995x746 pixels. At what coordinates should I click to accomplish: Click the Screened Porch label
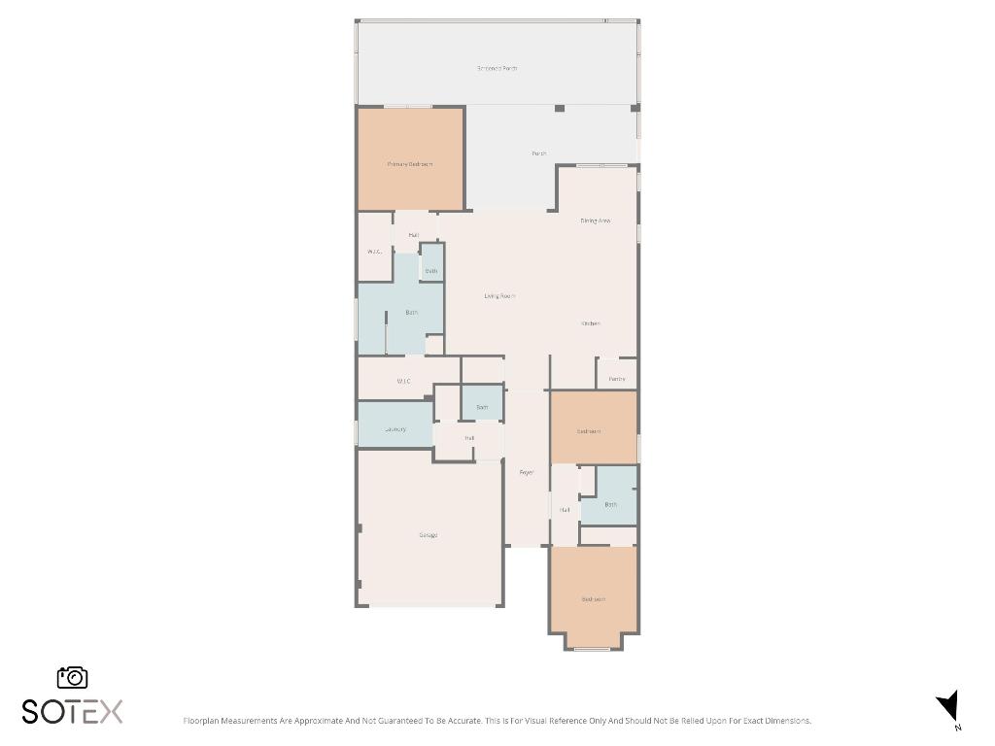coord(497,69)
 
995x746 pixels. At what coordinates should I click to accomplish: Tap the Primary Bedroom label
coord(409,164)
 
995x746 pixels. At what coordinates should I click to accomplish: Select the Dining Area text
coord(595,220)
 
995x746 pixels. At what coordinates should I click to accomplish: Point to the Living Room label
coord(499,295)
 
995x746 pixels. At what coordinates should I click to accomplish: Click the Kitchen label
coord(591,323)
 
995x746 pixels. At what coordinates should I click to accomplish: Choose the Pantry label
coord(617,379)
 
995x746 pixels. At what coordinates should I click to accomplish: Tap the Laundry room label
coord(395,428)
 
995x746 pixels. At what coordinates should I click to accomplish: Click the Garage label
coord(428,535)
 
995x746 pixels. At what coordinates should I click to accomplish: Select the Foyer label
coord(527,472)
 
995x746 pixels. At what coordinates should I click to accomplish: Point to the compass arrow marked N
coord(949,706)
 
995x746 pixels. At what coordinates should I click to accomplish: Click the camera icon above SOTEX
coord(73,678)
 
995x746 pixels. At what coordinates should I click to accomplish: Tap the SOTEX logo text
coord(73,711)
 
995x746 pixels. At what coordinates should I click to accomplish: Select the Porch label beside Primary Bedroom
coord(538,153)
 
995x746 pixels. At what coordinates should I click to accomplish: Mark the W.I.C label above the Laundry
coord(403,381)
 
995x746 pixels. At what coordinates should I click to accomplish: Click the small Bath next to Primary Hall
coord(431,271)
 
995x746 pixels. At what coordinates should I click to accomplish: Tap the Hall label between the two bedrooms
coord(565,509)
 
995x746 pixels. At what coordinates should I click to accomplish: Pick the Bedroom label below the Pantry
coord(589,431)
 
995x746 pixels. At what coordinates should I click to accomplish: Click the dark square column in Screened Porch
coord(560,108)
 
